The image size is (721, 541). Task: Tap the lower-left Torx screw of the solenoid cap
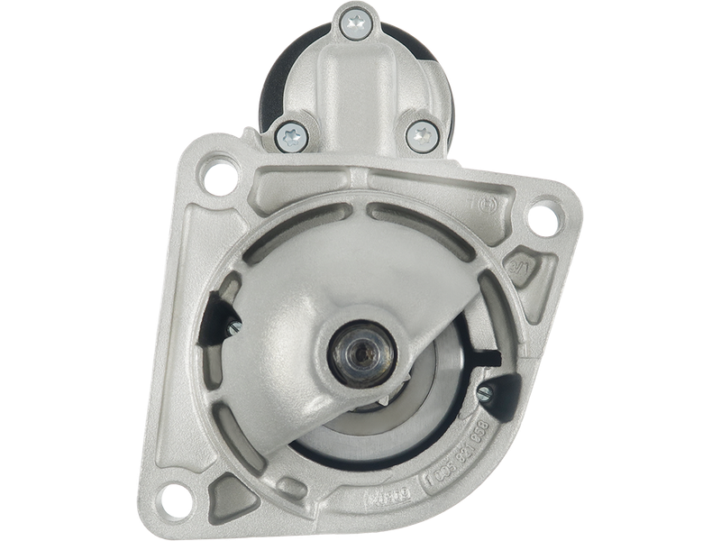tap(292, 135)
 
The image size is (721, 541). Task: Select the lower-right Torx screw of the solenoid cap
tap(421, 137)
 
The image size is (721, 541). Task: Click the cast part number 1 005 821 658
tap(459, 451)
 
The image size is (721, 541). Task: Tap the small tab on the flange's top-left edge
tap(251, 133)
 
